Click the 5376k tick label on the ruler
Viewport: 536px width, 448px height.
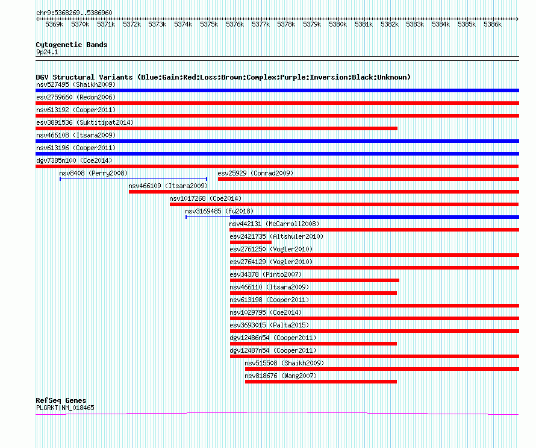pos(235,24)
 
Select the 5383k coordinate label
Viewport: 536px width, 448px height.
pos(415,24)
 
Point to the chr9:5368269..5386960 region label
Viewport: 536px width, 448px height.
pos(74,13)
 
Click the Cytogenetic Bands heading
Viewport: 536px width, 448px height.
pos(72,45)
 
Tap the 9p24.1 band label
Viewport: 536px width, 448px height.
pos(47,52)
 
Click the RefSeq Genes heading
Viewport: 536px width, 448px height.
pos(61,400)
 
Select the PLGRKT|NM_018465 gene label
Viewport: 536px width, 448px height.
pos(65,408)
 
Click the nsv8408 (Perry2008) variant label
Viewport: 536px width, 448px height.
pos(93,173)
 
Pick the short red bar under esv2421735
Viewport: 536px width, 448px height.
pos(251,242)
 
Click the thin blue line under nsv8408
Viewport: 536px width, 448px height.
pos(133,179)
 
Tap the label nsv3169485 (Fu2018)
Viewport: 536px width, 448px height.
pos(219,211)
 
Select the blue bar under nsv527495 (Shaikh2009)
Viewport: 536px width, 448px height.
pos(277,90)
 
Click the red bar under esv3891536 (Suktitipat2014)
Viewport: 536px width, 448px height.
pos(216,128)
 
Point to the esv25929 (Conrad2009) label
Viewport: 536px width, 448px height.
pos(255,173)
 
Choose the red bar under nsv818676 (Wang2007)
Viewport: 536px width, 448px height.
pos(321,382)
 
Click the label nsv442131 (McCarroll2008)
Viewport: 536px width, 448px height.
pos(274,224)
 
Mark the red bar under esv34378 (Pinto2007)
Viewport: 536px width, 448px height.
pos(314,280)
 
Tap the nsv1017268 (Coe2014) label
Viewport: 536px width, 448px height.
pos(205,198)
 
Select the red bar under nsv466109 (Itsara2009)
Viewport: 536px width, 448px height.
pos(324,192)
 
